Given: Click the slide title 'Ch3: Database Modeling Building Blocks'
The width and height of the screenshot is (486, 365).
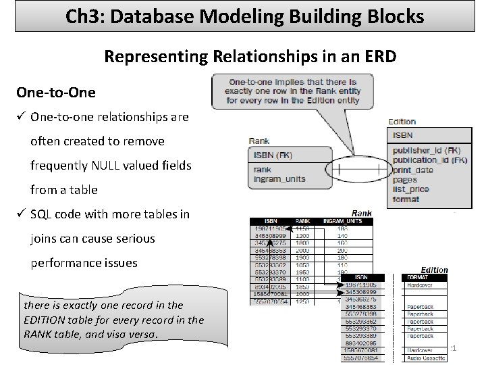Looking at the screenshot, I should coord(244,16).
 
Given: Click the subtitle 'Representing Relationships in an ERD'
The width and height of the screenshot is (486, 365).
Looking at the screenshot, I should coord(250,57).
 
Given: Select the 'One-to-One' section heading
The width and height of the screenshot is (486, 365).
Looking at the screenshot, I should coord(56,92).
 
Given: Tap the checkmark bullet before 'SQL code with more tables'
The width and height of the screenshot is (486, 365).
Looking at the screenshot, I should coord(22,214).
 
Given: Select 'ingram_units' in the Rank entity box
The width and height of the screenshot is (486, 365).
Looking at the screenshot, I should coord(279,178).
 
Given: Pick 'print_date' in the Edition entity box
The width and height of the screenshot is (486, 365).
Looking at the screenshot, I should coord(413,170).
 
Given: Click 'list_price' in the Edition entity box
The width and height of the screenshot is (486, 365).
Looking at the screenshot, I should coord(412,190).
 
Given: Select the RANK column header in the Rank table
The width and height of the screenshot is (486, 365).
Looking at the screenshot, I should coord(303,221).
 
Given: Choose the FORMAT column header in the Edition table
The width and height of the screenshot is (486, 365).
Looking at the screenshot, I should coord(418,277).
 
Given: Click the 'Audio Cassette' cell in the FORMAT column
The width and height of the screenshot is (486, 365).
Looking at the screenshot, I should coord(425,358).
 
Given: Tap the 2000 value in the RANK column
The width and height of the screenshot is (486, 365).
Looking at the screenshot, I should coord(302,249).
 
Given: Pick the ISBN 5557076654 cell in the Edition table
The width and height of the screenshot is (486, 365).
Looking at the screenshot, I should coord(363,358).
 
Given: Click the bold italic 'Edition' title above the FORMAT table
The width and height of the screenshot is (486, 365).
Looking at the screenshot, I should coord(435,270).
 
